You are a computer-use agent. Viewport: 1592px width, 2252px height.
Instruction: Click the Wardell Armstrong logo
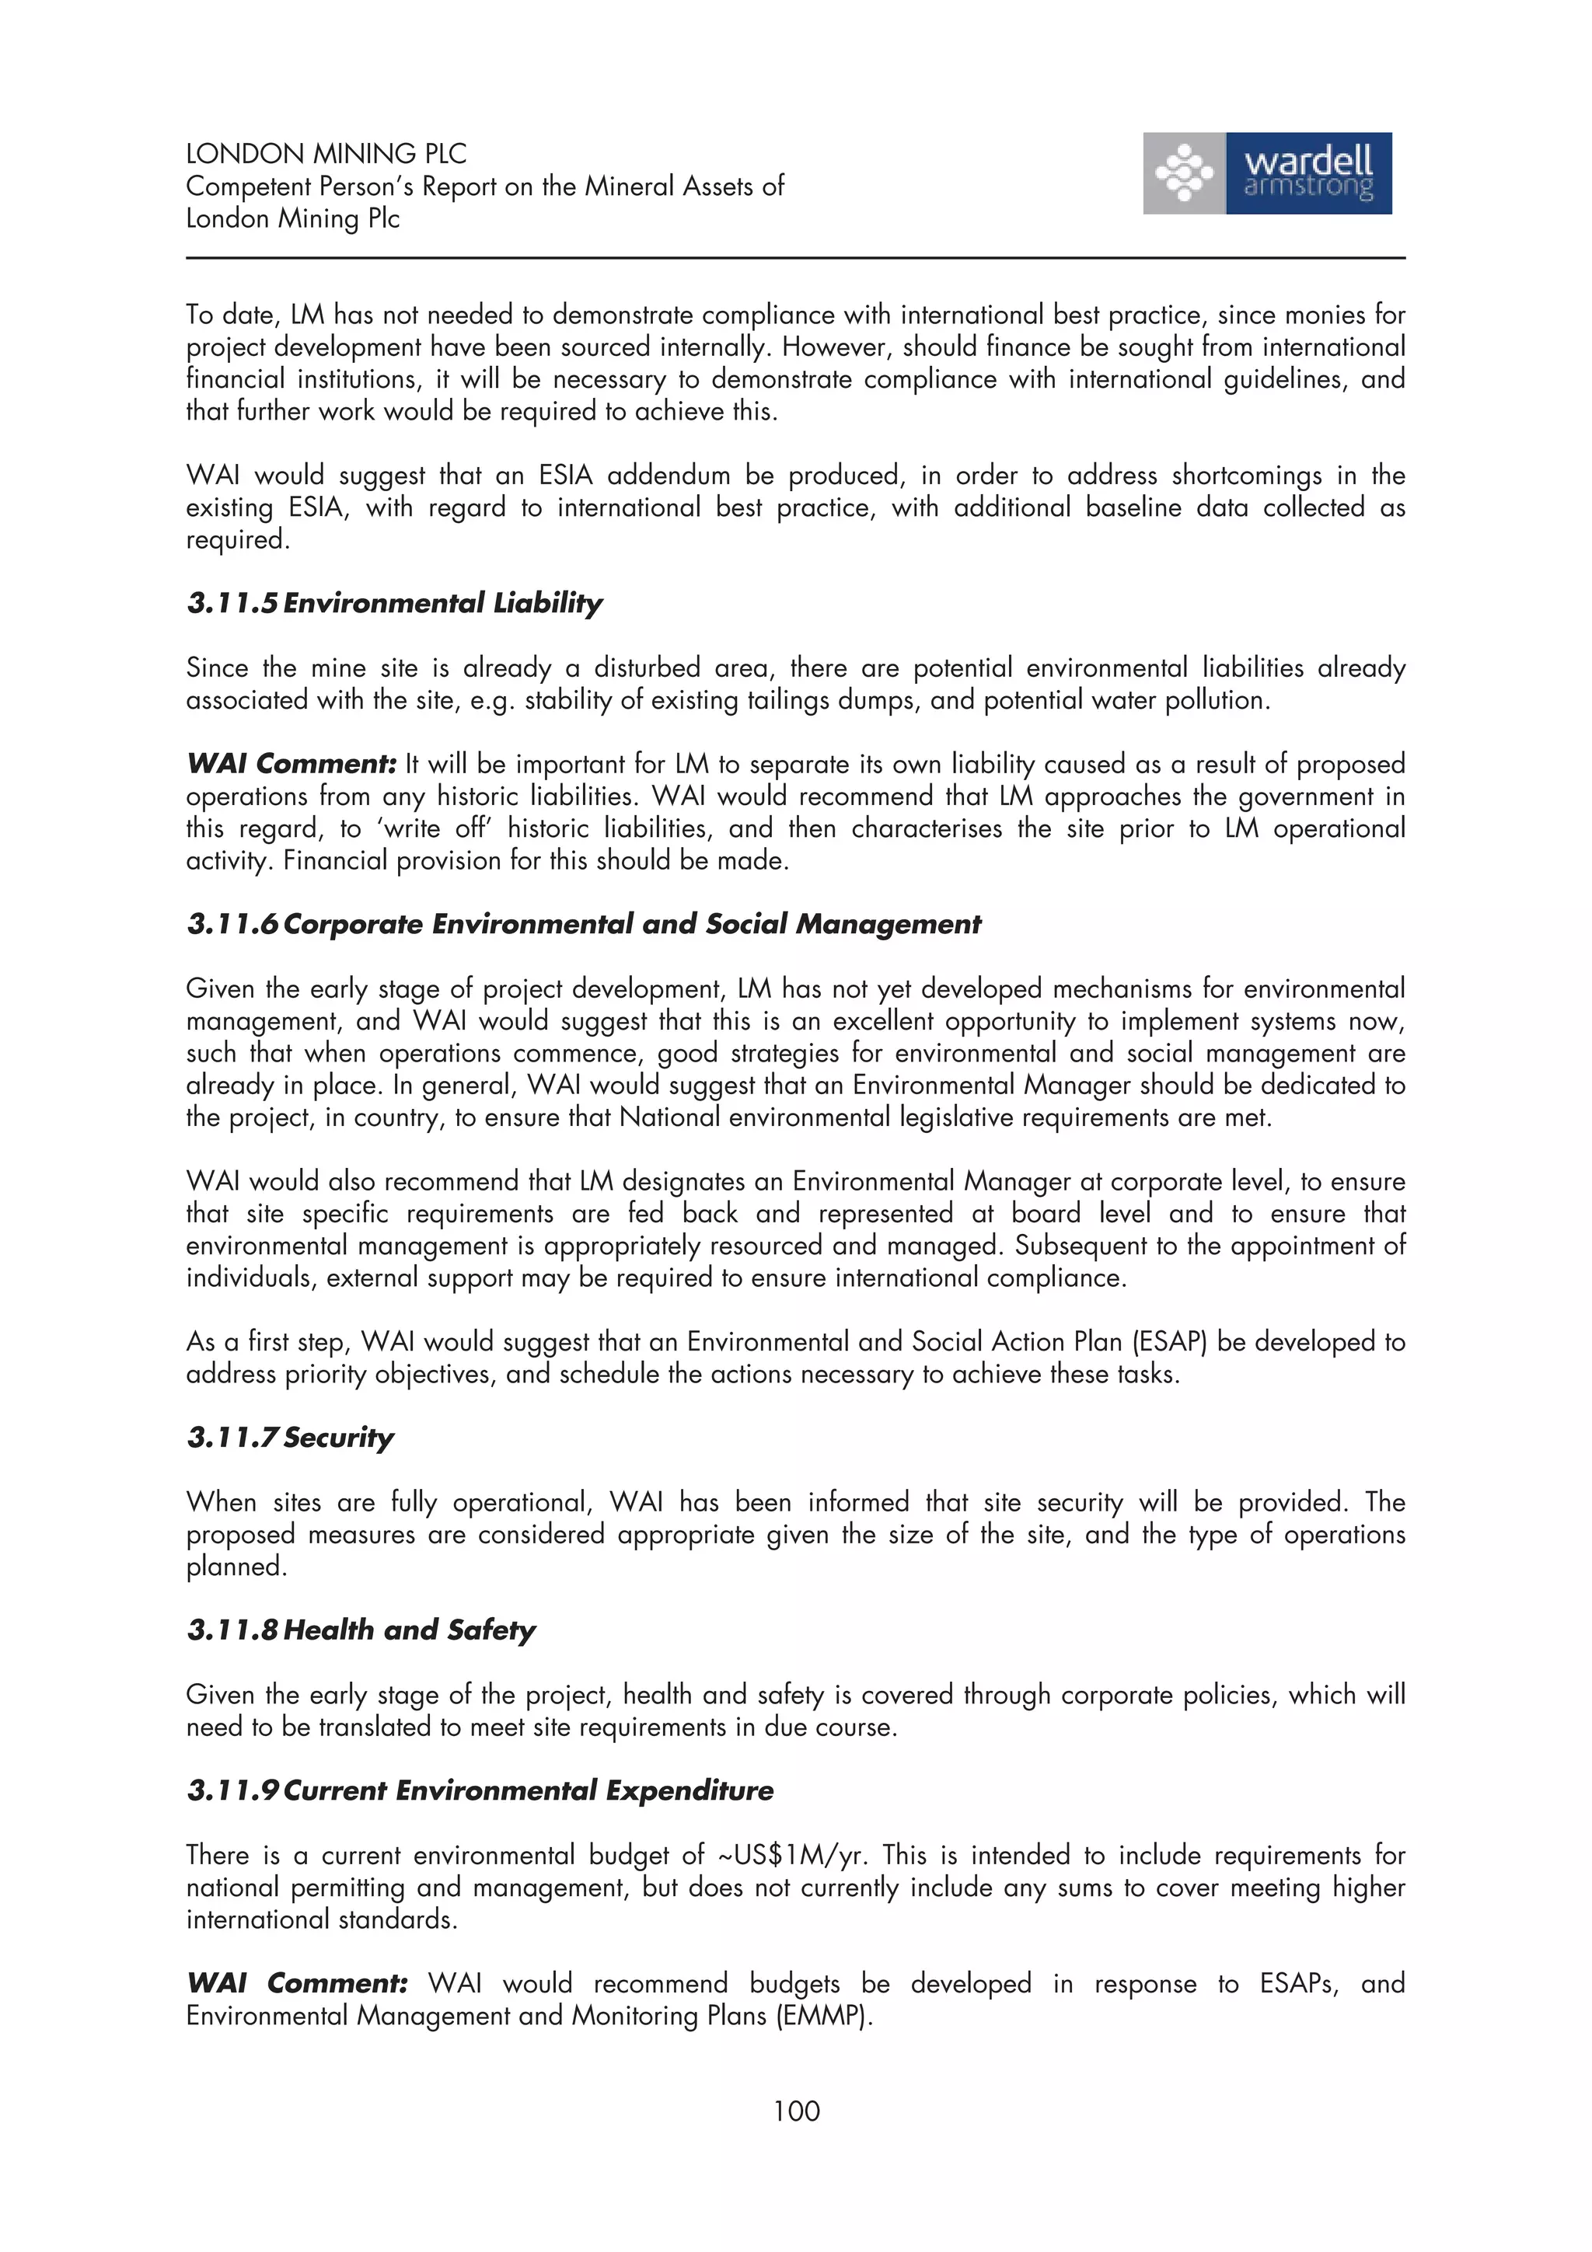[x=1266, y=173]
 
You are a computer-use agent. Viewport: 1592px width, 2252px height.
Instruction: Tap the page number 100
[x=795, y=2110]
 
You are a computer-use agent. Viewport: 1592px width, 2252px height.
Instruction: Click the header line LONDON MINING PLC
[x=326, y=154]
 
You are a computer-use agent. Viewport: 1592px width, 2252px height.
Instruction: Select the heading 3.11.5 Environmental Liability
[x=394, y=602]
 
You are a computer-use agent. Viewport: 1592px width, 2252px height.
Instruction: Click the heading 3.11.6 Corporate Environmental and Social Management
[x=584, y=924]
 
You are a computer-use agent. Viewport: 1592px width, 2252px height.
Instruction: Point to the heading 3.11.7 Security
[x=291, y=1438]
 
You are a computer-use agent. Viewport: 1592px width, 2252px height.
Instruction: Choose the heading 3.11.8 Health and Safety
[x=361, y=1630]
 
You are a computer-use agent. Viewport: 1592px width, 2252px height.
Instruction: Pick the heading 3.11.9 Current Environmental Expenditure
[x=480, y=1791]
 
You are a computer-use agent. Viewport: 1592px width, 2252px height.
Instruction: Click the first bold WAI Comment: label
[x=291, y=764]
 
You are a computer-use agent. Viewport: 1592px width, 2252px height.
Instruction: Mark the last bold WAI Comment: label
[x=296, y=1983]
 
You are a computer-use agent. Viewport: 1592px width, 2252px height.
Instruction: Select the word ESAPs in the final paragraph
[x=1297, y=1983]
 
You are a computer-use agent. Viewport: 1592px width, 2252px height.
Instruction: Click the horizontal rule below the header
[x=795, y=258]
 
